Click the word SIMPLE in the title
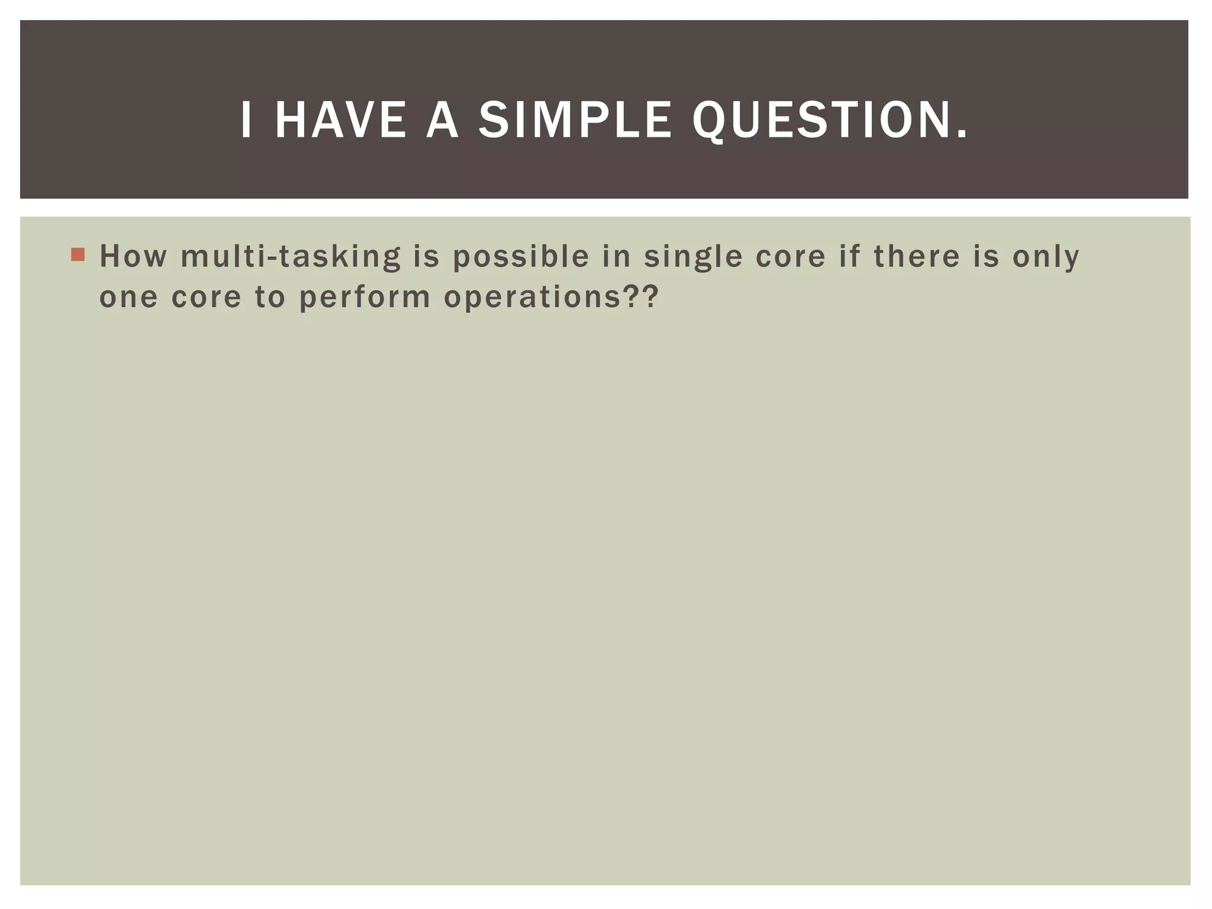point(575,120)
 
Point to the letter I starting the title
point(246,120)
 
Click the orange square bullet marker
point(78,254)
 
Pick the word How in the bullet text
point(133,256)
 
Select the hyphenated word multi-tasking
point(291,257)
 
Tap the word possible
point(521,257)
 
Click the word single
point(693,257)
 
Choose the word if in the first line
point(849,256)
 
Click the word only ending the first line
point(1046,257)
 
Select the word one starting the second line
point(128,297)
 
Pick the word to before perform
point(270,297)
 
